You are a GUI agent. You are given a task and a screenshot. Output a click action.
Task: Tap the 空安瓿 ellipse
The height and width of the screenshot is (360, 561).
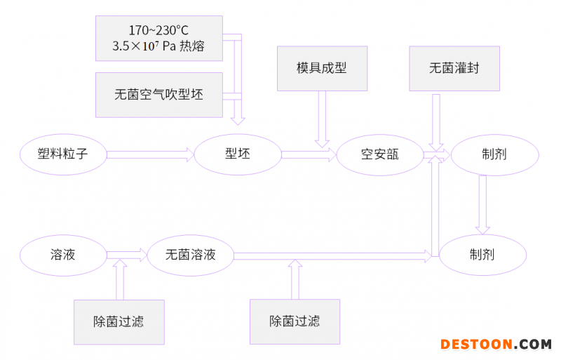(x=379, y=154)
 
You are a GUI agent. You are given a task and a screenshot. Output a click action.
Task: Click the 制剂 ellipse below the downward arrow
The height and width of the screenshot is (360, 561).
(x=482, y=254)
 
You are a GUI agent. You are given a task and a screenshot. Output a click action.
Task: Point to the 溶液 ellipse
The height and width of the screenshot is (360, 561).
(x=62, y=254)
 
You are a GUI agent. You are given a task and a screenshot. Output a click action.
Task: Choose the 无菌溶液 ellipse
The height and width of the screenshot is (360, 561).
(x=190, y=254)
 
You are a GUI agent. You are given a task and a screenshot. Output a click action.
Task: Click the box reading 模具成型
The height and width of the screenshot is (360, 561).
(x=322, y=68)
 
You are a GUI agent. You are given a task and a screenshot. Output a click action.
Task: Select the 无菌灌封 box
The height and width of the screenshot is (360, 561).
(x=454, y=68)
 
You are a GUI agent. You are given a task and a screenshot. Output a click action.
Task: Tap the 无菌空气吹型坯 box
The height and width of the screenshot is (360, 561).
(x=158, y=94)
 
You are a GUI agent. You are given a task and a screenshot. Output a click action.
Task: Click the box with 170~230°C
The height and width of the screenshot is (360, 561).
(x=158, y=39)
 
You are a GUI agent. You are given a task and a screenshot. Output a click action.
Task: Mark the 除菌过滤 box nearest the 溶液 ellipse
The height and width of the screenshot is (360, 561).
(x=119, y=321)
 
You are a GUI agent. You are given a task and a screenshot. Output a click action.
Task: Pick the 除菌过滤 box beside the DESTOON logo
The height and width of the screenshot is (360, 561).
(x=295, y=321)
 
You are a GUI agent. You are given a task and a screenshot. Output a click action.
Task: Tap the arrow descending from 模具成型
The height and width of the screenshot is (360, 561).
(x=323, y=119)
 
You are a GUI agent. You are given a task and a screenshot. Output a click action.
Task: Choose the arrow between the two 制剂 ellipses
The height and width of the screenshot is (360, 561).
(x=482, y=204)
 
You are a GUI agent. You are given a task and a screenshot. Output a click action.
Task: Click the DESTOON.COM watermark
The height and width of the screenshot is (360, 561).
(x=496, y=345)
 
